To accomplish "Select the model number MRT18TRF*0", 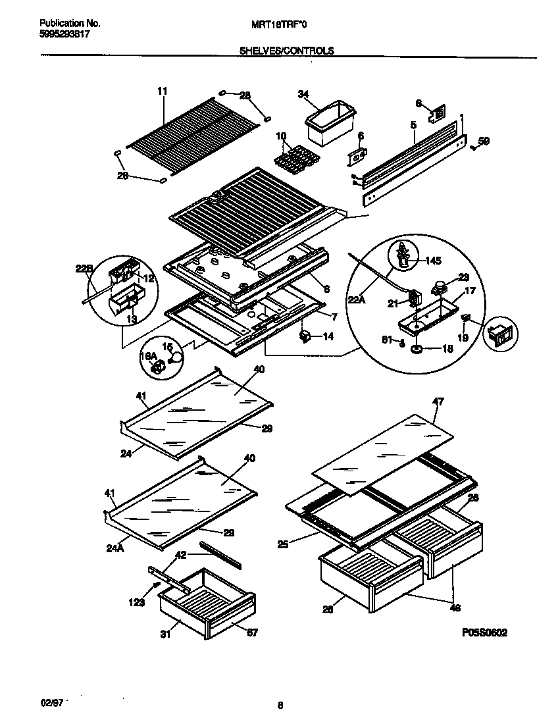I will [x=279, y=24].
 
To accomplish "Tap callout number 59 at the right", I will [x=484, y=140].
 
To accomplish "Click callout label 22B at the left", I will [x=82, y=268].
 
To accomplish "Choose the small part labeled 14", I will [x=305, y=336].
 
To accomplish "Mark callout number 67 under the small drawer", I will [x=252, y=633].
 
